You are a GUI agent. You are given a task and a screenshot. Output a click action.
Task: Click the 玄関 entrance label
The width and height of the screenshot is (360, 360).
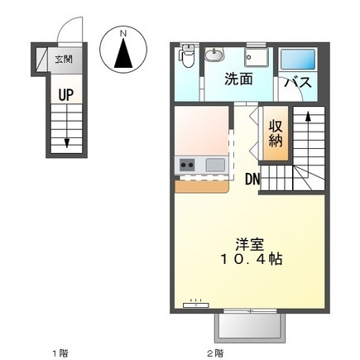64,60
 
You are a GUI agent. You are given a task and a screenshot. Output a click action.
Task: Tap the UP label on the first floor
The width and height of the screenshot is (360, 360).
66,94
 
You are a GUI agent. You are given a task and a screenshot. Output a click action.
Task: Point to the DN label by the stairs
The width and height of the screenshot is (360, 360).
252,180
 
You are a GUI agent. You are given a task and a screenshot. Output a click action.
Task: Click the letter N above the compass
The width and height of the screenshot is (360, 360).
123,34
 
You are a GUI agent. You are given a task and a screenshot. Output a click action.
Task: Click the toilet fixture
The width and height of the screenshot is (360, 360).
188,56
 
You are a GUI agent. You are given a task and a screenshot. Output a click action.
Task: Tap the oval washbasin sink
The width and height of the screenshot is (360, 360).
214,55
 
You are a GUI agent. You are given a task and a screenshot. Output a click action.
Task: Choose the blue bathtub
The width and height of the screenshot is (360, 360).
298,60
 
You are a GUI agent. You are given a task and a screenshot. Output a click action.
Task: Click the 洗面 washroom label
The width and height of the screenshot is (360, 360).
238,79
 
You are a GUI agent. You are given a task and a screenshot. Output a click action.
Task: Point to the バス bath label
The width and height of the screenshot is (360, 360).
298,82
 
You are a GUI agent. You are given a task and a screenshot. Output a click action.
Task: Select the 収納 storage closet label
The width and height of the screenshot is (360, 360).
276,133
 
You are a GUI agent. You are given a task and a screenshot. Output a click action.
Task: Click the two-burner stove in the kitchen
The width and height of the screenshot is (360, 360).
187,165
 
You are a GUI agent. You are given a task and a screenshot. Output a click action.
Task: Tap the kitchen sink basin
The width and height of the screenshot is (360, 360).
215,165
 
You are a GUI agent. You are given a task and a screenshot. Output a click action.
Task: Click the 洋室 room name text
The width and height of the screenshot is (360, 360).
250,244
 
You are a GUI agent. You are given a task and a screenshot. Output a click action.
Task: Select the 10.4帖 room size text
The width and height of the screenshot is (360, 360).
251,259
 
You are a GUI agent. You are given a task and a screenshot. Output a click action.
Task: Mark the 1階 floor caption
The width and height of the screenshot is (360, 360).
60,353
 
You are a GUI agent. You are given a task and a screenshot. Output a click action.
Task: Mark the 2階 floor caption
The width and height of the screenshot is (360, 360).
215,353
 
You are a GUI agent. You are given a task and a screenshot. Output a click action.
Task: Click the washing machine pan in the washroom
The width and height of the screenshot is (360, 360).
257,57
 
